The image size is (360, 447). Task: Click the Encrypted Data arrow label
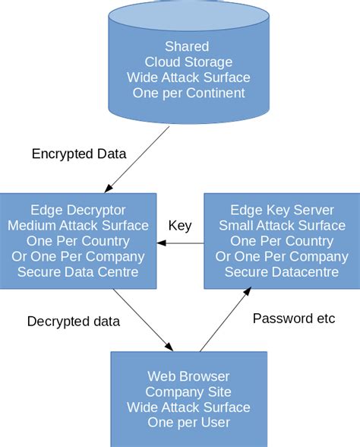79,154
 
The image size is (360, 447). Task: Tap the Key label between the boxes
179,226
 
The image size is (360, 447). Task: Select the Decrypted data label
74,321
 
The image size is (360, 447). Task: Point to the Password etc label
294,318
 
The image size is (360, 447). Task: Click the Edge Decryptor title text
78,210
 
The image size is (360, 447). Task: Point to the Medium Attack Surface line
78,225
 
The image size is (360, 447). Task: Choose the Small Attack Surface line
280,225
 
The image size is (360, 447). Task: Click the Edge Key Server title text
280,210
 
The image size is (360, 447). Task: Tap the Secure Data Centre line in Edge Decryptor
78,271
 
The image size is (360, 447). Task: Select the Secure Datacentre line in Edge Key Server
280,271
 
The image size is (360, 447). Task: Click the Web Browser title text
188,376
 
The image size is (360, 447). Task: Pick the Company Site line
188,392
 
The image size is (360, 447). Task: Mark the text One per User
188,423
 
